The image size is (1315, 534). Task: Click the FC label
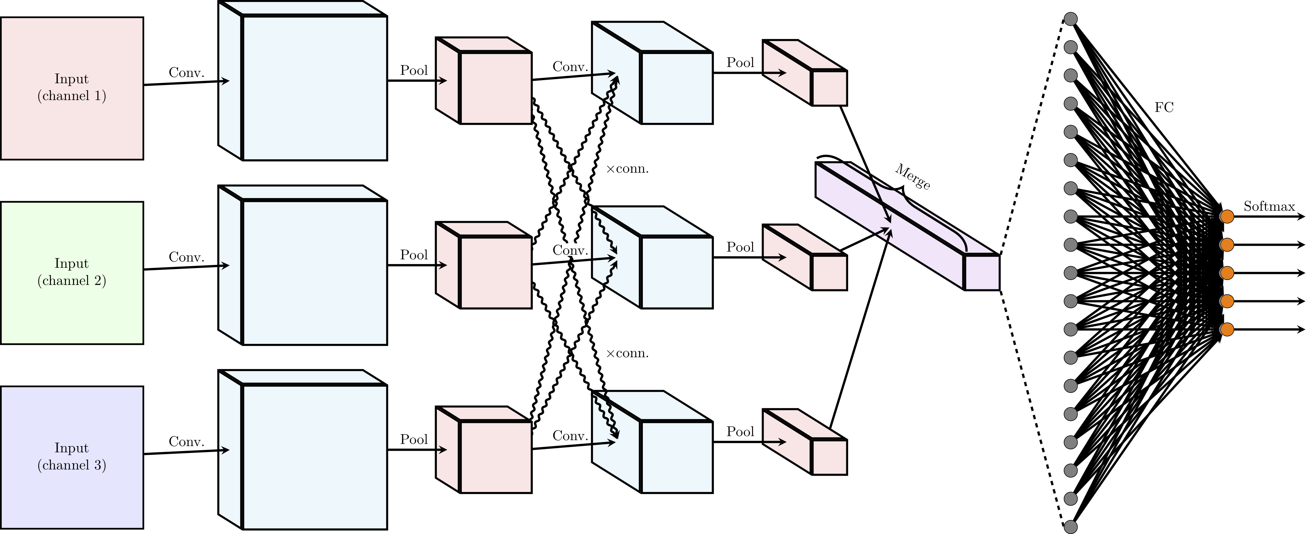point(1164,108)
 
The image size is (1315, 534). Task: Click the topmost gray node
point(1070,19)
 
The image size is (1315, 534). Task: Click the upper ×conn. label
point(627,169)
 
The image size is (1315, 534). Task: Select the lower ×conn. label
point(627,354)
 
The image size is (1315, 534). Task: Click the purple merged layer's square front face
point(982,273)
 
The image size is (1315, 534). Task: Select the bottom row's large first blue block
point(315,457)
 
